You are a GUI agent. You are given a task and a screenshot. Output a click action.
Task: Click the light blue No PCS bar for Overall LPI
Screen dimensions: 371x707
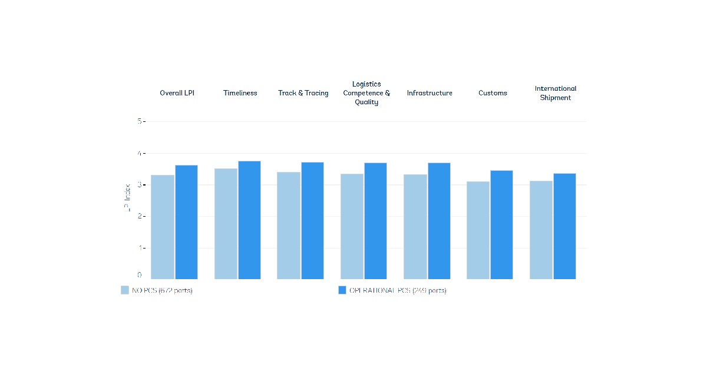click(x=163, y=227)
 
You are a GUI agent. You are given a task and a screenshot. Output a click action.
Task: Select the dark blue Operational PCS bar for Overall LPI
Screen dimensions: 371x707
click(x=186, y=222)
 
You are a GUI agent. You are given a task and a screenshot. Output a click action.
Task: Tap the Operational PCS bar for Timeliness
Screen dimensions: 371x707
click(x=249, y=220)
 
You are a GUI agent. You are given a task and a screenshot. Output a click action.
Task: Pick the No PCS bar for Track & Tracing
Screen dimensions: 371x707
click(x=289, y=226)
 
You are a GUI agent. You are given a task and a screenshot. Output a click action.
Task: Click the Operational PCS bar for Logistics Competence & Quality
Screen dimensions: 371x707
click(x=375, y=221)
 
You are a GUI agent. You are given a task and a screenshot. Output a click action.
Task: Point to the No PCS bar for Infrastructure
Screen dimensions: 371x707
click(x=415, y=227)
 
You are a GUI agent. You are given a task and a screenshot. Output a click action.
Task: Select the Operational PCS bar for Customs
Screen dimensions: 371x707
click(x=501, y=225)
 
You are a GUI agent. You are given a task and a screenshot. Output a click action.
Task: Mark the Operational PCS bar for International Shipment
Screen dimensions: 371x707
click(x=564, y=226)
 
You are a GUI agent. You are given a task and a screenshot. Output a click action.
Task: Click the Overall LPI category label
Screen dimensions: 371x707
click(x=177, y=93)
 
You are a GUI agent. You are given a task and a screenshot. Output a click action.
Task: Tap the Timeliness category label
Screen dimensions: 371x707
click(x=240, y=93)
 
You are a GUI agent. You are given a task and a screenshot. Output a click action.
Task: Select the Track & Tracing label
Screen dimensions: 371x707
click(x=303, y=93)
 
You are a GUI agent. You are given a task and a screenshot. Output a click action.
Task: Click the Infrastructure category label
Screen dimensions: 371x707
click(x=430, y=93)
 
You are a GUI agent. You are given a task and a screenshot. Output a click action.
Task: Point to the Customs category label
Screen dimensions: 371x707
click(x=493, y=93)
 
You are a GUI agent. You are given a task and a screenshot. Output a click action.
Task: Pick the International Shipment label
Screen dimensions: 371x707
click(x=556, y=93)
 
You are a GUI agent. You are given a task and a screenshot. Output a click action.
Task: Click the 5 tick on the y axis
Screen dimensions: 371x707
click(x=140, y=121)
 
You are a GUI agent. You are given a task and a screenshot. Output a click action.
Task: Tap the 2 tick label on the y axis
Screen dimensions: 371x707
click(x=140, y=216)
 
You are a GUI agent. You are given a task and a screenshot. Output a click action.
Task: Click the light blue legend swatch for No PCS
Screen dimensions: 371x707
click(x=125, y=290)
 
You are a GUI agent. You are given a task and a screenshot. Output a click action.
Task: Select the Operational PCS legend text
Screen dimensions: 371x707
click(x=398, y=290)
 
